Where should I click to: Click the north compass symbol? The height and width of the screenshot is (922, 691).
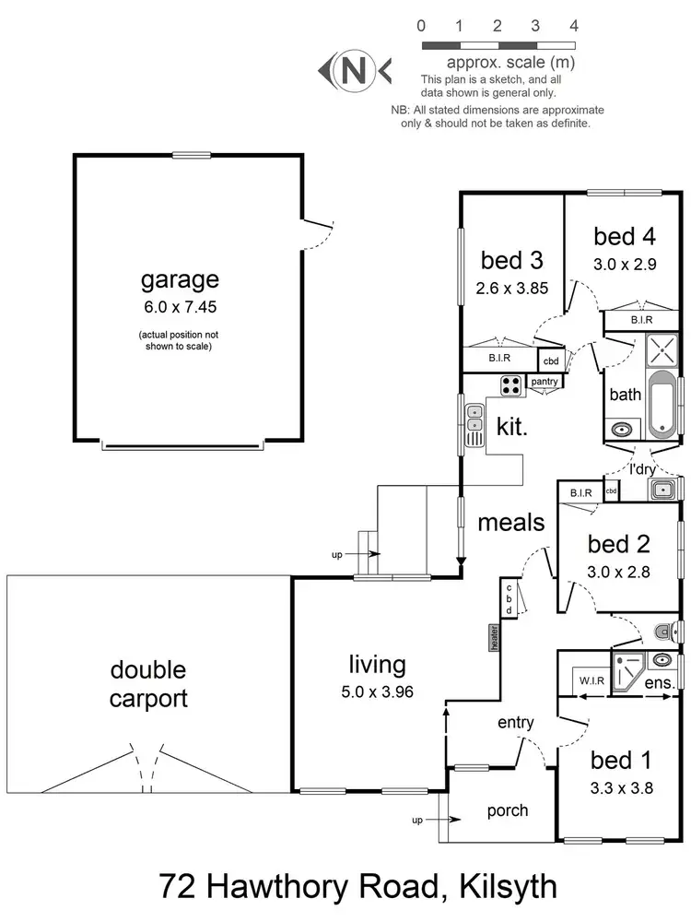[x=354, y=69]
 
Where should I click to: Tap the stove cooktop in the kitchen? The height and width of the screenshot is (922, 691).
[x=511, y=385]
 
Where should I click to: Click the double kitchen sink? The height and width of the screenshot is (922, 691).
[x=474, y=426]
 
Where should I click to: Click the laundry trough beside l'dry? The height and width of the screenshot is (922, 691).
[x=662, y=490]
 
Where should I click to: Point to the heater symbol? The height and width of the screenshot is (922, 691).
[x=495, y=636]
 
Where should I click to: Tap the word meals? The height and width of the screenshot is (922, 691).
[x=511, y=523]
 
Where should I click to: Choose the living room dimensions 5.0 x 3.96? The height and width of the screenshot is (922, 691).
[x=377, y=690]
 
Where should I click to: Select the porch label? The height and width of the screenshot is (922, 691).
[x=507, y=810]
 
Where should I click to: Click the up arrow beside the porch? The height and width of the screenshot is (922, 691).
[x=432, y=819]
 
